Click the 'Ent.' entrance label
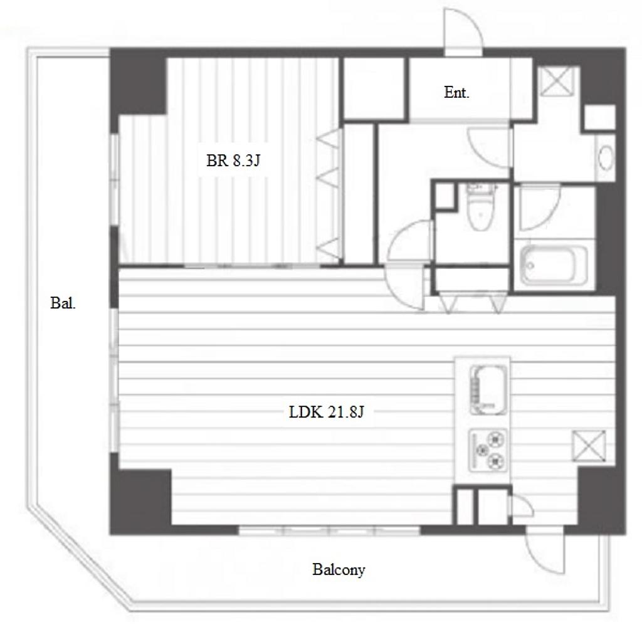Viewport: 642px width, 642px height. coord(456,93)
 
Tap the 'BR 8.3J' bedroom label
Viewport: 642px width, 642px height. coord(233,160)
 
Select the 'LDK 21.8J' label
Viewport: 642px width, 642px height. coord(326,412)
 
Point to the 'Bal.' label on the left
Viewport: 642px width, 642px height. coord(63,303)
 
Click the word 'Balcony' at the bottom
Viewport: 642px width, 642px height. coord(339,569)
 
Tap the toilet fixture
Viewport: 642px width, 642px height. coord(481,206)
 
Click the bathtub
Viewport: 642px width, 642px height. coord(554,265)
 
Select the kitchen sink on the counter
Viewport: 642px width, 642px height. coord(488,390)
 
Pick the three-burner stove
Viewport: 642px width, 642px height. coord(487,450)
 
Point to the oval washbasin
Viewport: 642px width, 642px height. coord(606,157)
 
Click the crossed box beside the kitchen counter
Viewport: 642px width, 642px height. coord(589,446)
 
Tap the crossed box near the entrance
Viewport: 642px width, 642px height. coord(556,82)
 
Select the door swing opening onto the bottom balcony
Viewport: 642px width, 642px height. coord(545,551)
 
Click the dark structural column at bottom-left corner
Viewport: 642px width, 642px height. coord(140,502)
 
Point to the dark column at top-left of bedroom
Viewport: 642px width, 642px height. coord(138,84)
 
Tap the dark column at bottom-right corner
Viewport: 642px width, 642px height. coord(601,500)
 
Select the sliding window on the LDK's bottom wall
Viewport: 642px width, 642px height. coord(330,531)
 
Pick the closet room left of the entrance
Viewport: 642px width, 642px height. coord(374,89)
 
